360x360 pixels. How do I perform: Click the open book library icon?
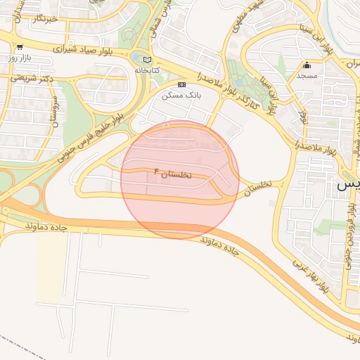point(146,60)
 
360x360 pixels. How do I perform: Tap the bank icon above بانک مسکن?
point(181,84)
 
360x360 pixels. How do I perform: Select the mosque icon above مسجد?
point(306,65)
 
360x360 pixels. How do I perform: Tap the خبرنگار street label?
point(44,19)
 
